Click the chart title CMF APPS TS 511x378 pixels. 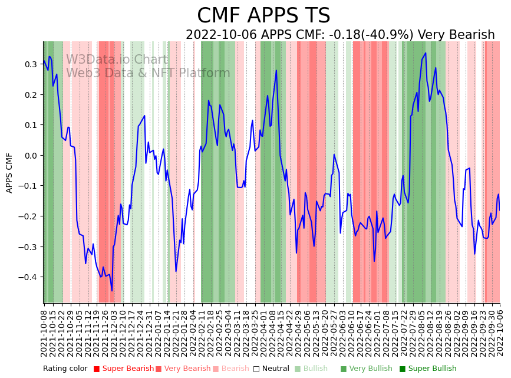pyautogui.click(x=263, y=16)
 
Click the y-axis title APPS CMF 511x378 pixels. pyautogui.click(x=9, y=172)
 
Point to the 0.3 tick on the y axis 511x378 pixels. pyautogui.click(x=29, y=64)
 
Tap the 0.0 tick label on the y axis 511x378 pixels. pyautogui.click(x=29, y=156)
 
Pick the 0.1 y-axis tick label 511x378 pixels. pyautogui.click(x=29, y=125)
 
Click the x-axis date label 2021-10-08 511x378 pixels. pyautogui.click(x=44, y=333)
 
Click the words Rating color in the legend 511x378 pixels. pyautogui.click(x=65, y=369)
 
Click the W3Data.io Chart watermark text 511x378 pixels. pyautogui.click(x=117, y=60)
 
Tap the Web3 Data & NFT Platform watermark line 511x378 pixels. pyautogui.click(x=148, y=73)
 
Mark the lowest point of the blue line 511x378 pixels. pyautogui.click(x=112, y=290)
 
